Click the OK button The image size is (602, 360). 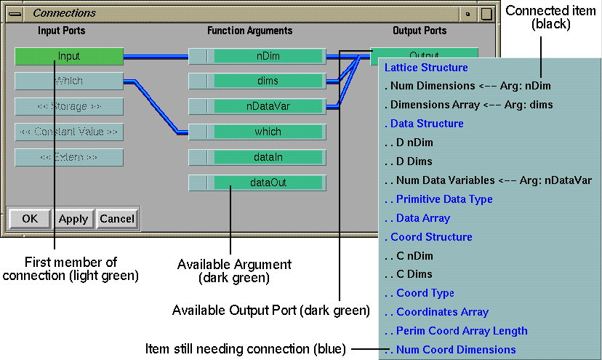(x=30, y=219)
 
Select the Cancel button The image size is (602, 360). (x=117, y=219)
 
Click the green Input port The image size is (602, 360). (x=69, y=56)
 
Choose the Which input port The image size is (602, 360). (x=69, y=81)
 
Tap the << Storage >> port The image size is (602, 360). (x=69, y=107)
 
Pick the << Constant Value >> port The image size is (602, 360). (x=69, y=132)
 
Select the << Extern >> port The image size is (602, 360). (x=69, y=158)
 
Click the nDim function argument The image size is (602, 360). (x=268, y=56)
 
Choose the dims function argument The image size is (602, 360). (x=268, y=81)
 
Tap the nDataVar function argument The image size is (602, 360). (x=268, y=107)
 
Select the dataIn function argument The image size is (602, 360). (x=268, y=157)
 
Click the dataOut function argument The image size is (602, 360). (x=268, y=183)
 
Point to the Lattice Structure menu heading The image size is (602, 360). (x=426, y=68)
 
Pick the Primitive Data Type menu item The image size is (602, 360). (x=444, y=199)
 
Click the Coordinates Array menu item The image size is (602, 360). (x=442, y=312)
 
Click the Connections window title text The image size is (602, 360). (x=65, y=13)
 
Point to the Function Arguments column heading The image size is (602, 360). (x=249, y=31)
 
